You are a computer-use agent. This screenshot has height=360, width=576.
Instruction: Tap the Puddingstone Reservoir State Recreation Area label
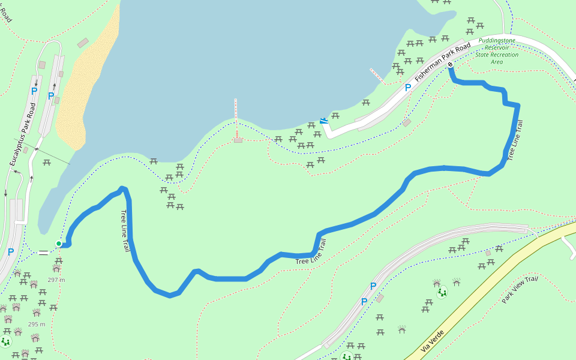(497, 51)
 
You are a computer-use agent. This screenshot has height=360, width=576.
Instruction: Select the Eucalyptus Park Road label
(23, 134)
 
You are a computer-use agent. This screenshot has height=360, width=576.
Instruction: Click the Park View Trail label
(520, 289)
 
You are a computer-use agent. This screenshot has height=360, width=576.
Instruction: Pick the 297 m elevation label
(56, 280)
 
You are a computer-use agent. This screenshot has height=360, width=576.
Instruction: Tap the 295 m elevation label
(37, 325)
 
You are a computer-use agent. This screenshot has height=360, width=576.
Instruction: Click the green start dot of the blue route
(59, 243)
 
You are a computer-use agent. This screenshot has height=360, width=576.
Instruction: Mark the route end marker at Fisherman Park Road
(450, 65)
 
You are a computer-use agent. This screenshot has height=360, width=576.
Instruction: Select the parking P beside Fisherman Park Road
(408, 88)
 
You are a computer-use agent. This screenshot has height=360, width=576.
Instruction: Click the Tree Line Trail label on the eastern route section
(515, 140)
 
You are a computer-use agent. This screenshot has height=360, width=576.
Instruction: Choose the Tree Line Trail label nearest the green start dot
(125, 230)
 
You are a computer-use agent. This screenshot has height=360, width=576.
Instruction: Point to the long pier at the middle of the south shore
(236, 117)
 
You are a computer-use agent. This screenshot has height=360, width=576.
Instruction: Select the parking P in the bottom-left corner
(11, 252)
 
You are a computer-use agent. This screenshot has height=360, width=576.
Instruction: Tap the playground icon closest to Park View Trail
(442, 292)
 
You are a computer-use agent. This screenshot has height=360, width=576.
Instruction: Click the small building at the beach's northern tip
(83, 43)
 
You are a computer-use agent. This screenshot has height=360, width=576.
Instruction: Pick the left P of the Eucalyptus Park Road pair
(34, 91)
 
